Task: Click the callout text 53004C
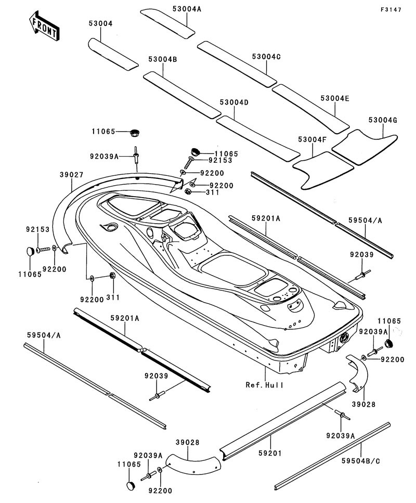click(266, 56)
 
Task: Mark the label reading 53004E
click(335, 98)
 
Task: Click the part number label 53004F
click(311, 139)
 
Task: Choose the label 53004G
click(383, 120)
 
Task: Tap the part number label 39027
click(71, 175)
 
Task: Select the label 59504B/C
click(361, 460)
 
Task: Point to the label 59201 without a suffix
click(269, 453)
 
